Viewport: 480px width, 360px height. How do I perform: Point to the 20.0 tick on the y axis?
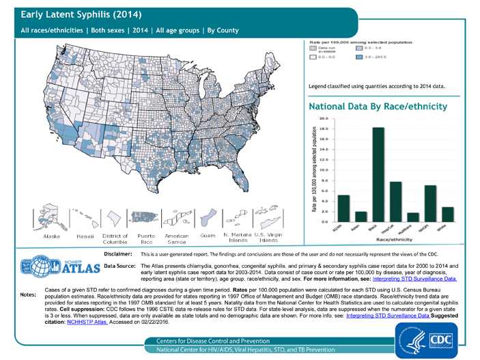click(x=328, y=118)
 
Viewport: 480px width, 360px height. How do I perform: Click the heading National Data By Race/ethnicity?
click(x=378, y=107)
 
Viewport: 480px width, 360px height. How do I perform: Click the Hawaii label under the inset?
click(x=85, y=236)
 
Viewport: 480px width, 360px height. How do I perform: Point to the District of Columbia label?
click(x=115, y=238)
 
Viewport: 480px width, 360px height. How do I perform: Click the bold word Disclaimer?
click(x=117, y=253)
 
